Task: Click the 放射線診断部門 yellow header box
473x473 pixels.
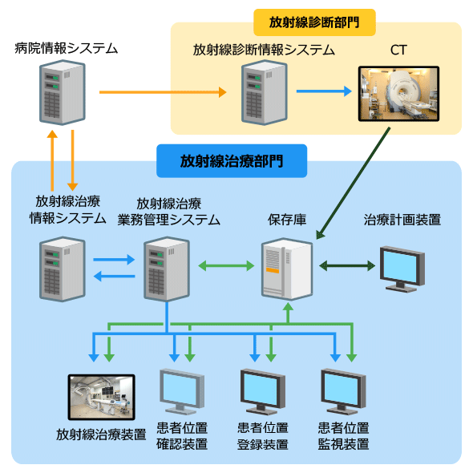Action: tap(314, 22)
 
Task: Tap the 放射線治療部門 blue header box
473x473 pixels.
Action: tap(232, 161)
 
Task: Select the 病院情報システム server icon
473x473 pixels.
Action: tap(63, 92)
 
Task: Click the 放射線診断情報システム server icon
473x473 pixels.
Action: tap(265, 92)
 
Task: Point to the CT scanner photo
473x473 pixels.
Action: tap(398, 94)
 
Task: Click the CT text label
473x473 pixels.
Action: tap(398, 50)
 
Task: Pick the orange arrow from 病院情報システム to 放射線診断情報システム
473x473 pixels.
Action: tap(163, 92)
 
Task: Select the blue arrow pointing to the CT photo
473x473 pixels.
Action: tap(324, 91)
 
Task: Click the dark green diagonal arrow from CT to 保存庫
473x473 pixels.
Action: tap(353, 184)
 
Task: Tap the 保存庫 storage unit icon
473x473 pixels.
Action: tap(287, 269)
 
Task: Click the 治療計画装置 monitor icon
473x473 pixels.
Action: tap(402, 269)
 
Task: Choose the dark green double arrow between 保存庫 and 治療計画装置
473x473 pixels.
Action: tap(347, 265)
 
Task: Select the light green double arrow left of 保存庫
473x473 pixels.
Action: tap(226, 265)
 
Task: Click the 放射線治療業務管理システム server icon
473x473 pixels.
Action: tap(167, 269)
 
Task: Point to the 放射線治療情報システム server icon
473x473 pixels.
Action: tap(63, 269)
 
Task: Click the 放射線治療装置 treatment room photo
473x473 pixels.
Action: tap(101, 398)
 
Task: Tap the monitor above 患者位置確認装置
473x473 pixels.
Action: tap(182, 391)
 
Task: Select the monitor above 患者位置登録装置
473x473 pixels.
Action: tap(262, 391)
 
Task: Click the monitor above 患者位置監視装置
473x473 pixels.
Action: tap(343, 391)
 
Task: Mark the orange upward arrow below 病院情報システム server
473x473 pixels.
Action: tap(52, 160)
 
